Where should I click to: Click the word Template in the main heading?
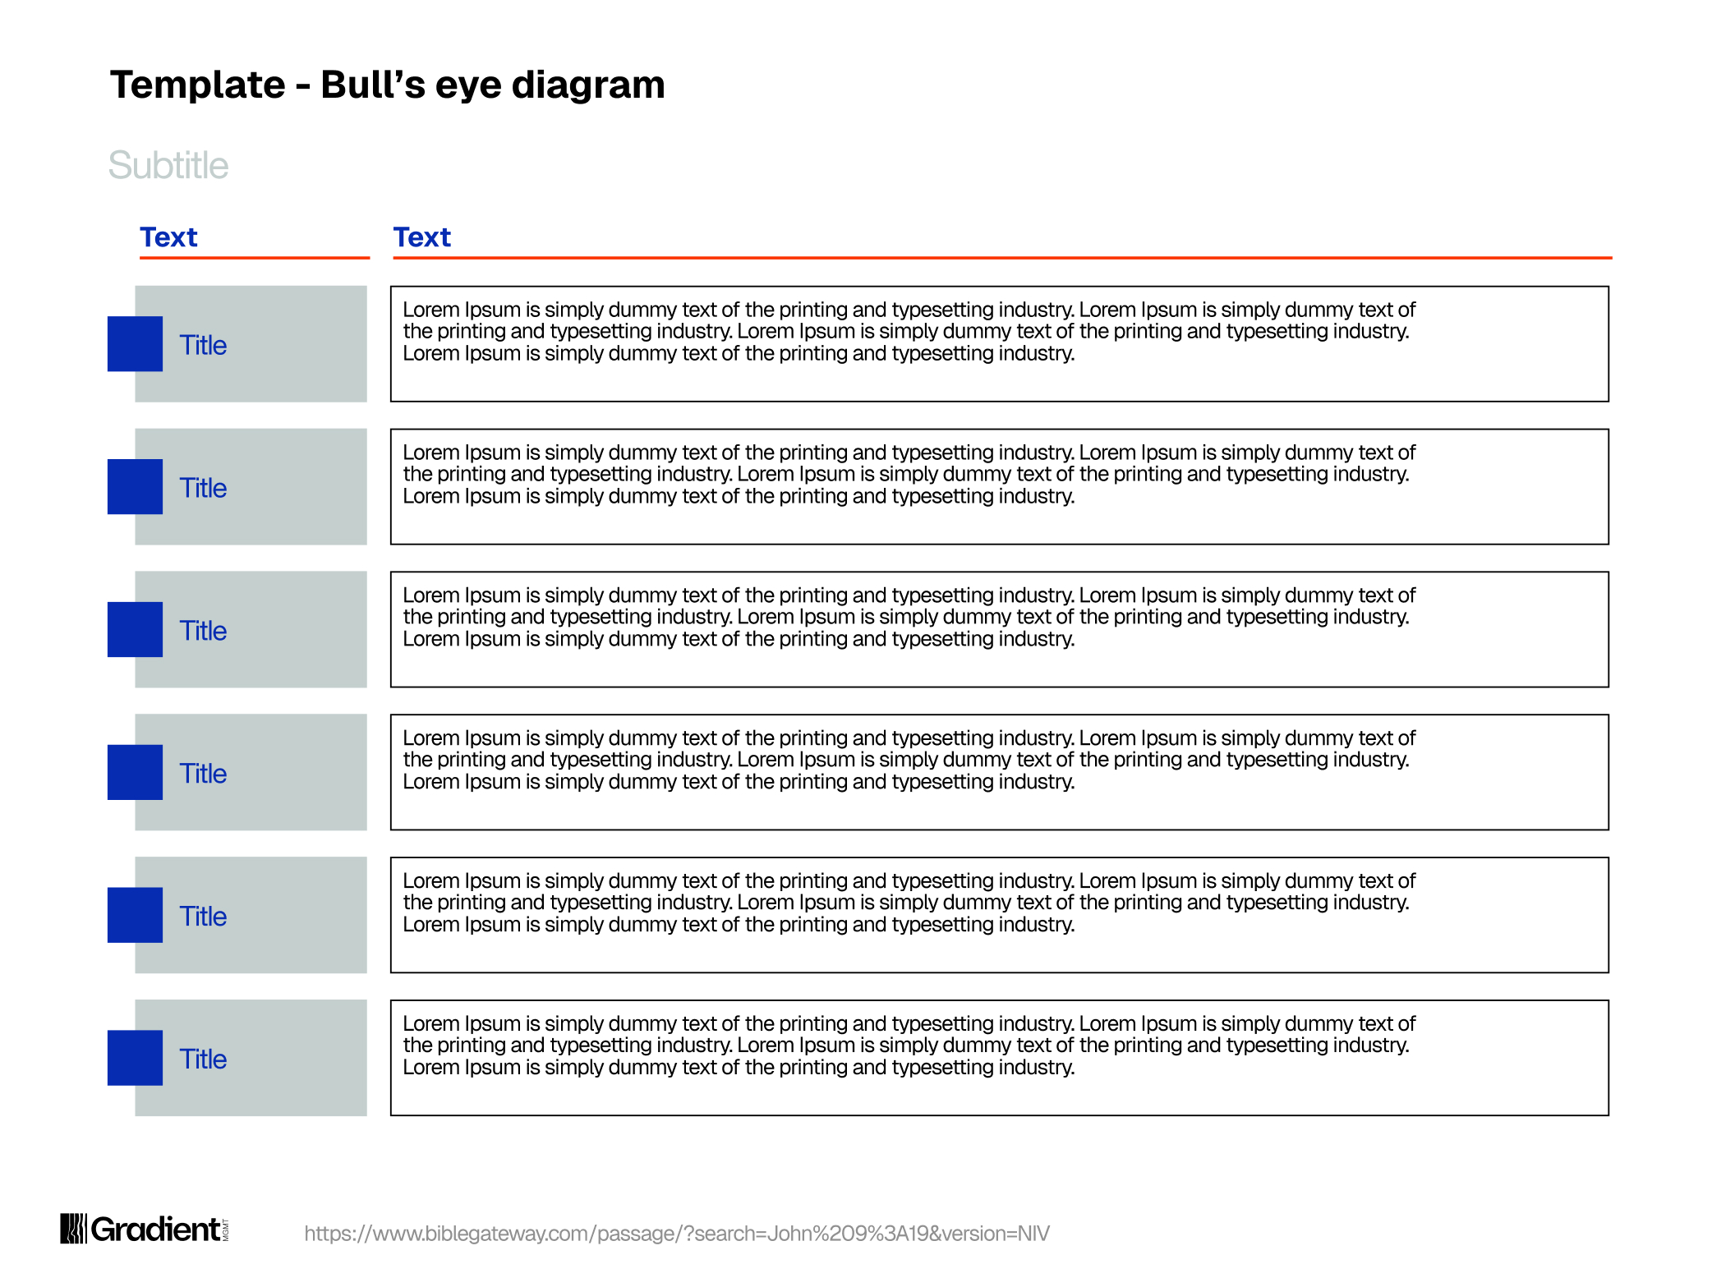pos(198,85)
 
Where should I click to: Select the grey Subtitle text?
pos(168,165)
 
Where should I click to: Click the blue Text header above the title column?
pos(168,237)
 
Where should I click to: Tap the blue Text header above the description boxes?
pos(422,237)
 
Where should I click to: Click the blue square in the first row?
pos(135,344)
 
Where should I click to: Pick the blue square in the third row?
pos(135,629)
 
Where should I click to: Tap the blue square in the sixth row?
pos(135,1058)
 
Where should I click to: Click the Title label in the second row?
pos(203,488)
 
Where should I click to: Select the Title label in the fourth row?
pos(203,774)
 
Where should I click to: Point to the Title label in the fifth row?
pos(203,917)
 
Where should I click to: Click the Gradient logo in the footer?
pos(145,1229)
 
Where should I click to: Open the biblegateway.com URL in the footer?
pos(677,1234)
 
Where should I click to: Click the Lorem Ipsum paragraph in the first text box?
pos(909,332)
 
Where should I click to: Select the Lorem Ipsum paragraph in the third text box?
pos(909,617)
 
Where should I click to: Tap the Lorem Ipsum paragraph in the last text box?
pos(909,1046)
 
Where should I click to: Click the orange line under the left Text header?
pos(255,258)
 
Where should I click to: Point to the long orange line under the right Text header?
pos(1002,258)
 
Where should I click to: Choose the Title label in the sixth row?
pos(203,1059)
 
